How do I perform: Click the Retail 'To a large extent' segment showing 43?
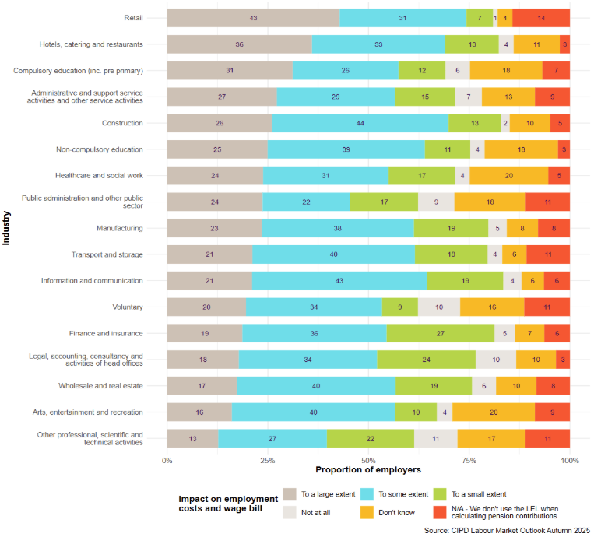point(253,18)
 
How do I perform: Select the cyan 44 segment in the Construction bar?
point(360,123)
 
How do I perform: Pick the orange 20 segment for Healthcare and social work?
point(508,176)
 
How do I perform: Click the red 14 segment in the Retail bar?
point(541,18)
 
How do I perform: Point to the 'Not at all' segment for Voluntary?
point(439,307)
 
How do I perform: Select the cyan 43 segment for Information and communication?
point(339,281)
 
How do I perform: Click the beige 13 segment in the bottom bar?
point(192,439)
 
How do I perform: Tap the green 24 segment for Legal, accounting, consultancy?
point(426,360)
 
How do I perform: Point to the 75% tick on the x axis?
point(469,461)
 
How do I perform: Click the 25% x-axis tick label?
point(268,461)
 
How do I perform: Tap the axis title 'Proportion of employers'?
point(368,470)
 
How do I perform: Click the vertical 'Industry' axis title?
point(6,229)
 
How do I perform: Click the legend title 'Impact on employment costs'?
point(228,504)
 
